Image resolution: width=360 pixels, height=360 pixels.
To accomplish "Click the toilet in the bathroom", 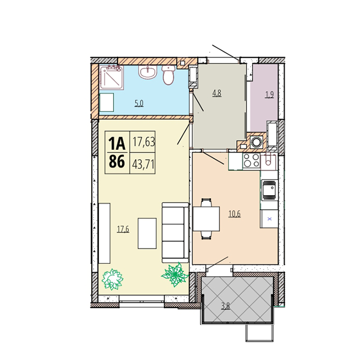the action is tap(169, 75).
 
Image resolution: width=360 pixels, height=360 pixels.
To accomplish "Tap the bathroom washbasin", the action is tap(147, 72).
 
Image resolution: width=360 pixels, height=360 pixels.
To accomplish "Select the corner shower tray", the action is tap(111, 78).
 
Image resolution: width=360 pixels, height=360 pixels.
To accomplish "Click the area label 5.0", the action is tap(139, 103).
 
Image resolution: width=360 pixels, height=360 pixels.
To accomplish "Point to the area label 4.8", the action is tap(217, 93).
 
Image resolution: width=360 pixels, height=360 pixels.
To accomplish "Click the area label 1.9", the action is tap(269, 94).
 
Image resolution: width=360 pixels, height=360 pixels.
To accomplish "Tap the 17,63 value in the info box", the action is tap(144, 142).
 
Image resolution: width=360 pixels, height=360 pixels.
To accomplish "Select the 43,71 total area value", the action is tap(143, 164).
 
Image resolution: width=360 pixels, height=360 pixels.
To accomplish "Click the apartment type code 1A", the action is tap(117, 143).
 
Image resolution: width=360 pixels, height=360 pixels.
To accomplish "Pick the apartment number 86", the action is tap(117, 161).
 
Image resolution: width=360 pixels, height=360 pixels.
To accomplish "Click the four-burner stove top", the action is tap(251, 160).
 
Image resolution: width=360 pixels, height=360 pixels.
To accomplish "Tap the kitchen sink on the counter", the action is tap(270, 190).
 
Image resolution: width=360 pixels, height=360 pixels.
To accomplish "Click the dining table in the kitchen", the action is tap(206, 219).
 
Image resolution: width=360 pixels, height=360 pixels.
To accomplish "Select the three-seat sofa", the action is tap(175, 232).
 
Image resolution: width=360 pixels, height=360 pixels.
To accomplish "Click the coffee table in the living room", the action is tap(147, 233).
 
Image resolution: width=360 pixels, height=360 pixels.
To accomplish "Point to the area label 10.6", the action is tap(235, 214).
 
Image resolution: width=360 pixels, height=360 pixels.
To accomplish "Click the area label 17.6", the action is tap(123, 229).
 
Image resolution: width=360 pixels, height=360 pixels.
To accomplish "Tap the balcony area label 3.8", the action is tap(226, 306).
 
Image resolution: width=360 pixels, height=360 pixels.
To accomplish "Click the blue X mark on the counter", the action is tap(269, 219).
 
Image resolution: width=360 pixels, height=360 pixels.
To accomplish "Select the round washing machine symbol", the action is tap(256, 142).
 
